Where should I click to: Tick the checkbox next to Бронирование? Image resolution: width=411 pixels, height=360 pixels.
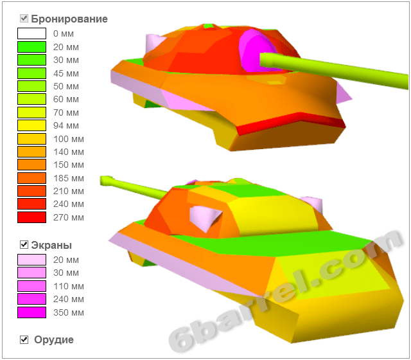tap(24, 19)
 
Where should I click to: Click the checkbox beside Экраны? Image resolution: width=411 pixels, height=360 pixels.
tap(24, 244)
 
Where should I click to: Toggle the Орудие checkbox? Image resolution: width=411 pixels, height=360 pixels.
tap(24, 339)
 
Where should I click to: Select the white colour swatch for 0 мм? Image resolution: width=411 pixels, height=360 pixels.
tap(31, 33)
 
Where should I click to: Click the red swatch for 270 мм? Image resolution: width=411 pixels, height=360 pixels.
tap(31, 217)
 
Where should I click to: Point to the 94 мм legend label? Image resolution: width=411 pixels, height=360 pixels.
tap(66, 125)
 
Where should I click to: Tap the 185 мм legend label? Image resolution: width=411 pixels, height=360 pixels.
tap(69, 178)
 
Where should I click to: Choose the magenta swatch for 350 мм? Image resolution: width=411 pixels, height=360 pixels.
tap(31, 312)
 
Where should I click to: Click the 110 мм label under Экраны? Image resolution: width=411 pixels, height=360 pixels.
tap(69, 286)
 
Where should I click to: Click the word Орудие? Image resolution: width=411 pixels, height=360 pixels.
tap(54, 340)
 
